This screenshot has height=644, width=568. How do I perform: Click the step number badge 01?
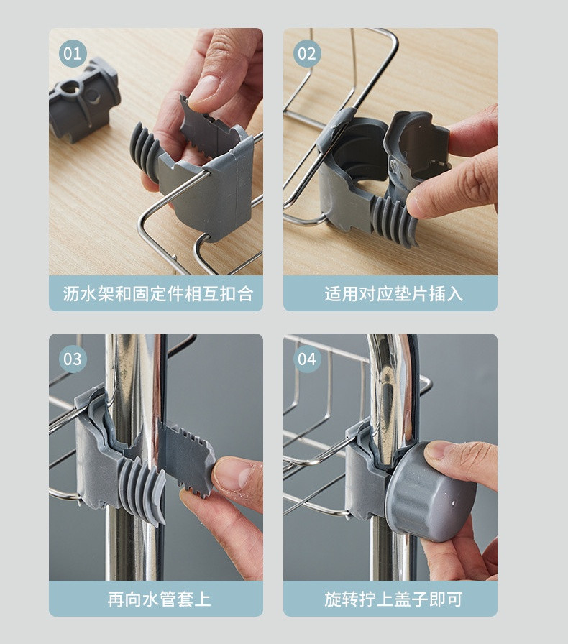[x=73, y=54]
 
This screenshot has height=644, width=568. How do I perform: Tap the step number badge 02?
[x=307, y=54]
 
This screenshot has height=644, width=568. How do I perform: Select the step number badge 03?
[x=73, y=359]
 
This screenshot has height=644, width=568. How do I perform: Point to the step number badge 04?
[x=307, y=359]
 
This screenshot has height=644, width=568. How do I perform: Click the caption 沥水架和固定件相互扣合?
[x=158, y=294]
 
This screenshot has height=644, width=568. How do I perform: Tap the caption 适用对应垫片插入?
[x=394, y=294]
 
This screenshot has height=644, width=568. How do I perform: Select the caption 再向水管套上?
[x=159, y=599]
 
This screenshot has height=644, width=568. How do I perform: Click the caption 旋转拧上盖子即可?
[x=394, y=599]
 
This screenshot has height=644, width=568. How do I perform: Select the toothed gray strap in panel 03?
[x=187, y=456]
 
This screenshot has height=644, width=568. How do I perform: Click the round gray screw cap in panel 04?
[x=431, y=493]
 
